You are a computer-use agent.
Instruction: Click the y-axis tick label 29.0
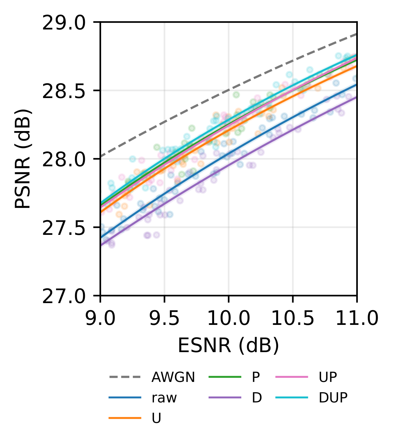pos(64,24)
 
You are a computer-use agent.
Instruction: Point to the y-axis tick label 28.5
pos(64,92)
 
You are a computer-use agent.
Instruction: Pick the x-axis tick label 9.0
pos(101,319)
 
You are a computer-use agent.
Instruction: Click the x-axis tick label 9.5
pos(165,319)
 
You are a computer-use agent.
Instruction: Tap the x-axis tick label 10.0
pos(229,319)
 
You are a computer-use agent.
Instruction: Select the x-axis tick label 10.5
pos(293,319)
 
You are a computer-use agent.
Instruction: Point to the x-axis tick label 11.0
pos(357,319)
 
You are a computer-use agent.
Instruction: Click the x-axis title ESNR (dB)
pos(229,346)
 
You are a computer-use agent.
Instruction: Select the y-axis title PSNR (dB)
pos(23,159)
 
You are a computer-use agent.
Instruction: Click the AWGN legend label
pos(173,377)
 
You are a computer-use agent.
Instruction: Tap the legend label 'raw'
pos(164,398)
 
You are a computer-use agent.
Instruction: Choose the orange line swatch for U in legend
pos(125,418)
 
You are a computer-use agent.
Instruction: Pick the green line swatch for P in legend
pos(225,377)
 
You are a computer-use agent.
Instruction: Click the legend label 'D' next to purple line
pos(257,398)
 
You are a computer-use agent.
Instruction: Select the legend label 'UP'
pos(328,377)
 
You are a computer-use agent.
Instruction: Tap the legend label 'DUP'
pos(333,398)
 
